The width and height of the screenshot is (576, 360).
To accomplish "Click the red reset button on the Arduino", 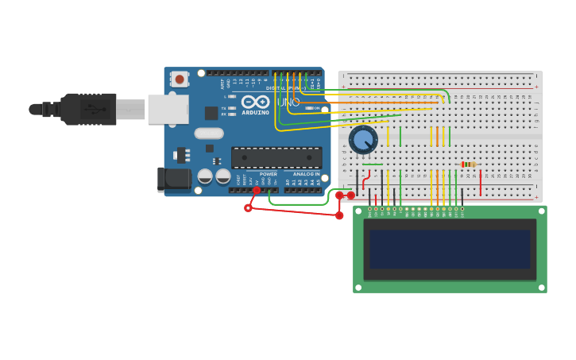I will coord(180,79).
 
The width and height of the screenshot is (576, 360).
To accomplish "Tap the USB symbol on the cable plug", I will coord(95,108).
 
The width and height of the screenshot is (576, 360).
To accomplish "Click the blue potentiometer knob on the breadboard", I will coord(363,140).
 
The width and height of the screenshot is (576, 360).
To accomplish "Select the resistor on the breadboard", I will coord(469,165).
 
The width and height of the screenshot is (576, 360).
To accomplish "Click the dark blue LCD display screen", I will coord(450,249).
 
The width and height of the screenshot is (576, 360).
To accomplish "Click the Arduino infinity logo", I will coord(256,102).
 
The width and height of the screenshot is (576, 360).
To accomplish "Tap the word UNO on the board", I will coord(288,103).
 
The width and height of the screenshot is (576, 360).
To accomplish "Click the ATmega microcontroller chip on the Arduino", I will coord(276,157).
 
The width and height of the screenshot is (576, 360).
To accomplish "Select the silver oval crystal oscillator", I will coord(209,134).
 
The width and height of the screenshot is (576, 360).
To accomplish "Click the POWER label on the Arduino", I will coord(269,174).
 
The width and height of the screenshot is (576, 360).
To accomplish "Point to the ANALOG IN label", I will coord(307,174).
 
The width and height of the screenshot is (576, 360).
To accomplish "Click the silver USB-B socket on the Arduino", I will coord(168,109).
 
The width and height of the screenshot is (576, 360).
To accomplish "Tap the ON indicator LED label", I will coord(316,108).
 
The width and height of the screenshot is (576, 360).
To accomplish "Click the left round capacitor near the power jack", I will coord(205,176).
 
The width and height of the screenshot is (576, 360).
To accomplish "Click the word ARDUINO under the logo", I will coord(256,112).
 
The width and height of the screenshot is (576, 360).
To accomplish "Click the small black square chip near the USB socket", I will coord(211,113).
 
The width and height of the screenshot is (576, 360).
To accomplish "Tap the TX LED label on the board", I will coord(224,108).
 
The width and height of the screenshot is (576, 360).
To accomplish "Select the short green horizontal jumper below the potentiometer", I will coord(372,165).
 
